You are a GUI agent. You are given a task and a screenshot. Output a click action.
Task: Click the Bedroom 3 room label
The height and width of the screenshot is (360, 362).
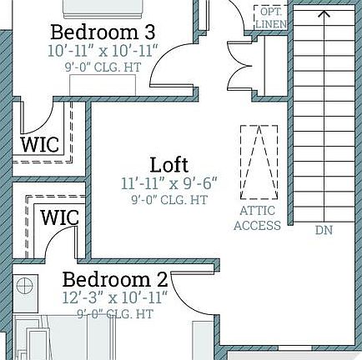click(103, 32)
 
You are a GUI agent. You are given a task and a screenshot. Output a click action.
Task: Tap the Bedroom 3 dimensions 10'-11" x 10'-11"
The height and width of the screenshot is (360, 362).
click(103, 50)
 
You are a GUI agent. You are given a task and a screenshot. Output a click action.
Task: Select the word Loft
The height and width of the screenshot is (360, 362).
click(169, 164)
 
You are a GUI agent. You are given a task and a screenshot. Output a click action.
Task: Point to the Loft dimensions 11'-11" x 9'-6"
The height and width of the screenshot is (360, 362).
click(169, 182)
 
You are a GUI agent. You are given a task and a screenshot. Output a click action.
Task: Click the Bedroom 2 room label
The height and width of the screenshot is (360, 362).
click(115, 279)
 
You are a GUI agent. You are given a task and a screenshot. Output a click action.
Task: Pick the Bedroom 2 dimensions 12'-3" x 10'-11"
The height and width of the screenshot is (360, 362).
click(115, 297)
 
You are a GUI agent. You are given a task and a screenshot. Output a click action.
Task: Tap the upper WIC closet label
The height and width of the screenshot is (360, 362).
click(40, 143)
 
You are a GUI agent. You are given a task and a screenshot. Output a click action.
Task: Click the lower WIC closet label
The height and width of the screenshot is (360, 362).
click(60, 218)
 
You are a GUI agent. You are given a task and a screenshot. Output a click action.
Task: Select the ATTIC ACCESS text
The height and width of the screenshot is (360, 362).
click(257, 218)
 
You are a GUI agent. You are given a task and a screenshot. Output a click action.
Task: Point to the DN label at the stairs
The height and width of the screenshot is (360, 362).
click(324, 230)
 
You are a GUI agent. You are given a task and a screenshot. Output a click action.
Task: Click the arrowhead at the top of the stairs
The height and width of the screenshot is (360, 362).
click(324, 12)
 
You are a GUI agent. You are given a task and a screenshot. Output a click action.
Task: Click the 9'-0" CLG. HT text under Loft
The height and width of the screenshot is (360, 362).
click(169, 200)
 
